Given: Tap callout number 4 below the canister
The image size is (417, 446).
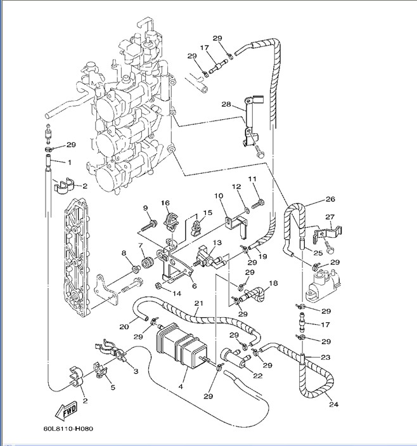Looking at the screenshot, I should tap(181, 385).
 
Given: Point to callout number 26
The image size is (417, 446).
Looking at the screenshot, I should tap(330, 199).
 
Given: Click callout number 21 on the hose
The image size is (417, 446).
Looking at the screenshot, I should tap(198, 303).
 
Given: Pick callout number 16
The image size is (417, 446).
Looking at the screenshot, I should tap(165, 203).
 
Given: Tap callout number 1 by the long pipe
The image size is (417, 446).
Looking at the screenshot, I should tap(70, 162).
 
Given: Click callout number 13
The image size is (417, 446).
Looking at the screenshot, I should tap(217, 243).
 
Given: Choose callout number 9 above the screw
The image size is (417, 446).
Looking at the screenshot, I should tap(144, 208).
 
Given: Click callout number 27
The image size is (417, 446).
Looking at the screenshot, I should tap(330, 218).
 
